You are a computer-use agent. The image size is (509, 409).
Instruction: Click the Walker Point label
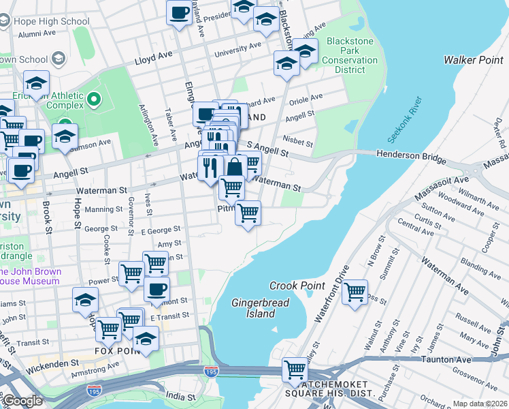473,60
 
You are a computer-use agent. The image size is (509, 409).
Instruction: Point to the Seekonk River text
406,120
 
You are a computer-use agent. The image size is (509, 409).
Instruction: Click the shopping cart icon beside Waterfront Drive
355,292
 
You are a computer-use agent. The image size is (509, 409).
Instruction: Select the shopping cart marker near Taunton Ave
295,370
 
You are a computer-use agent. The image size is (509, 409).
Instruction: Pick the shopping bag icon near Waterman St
235,167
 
